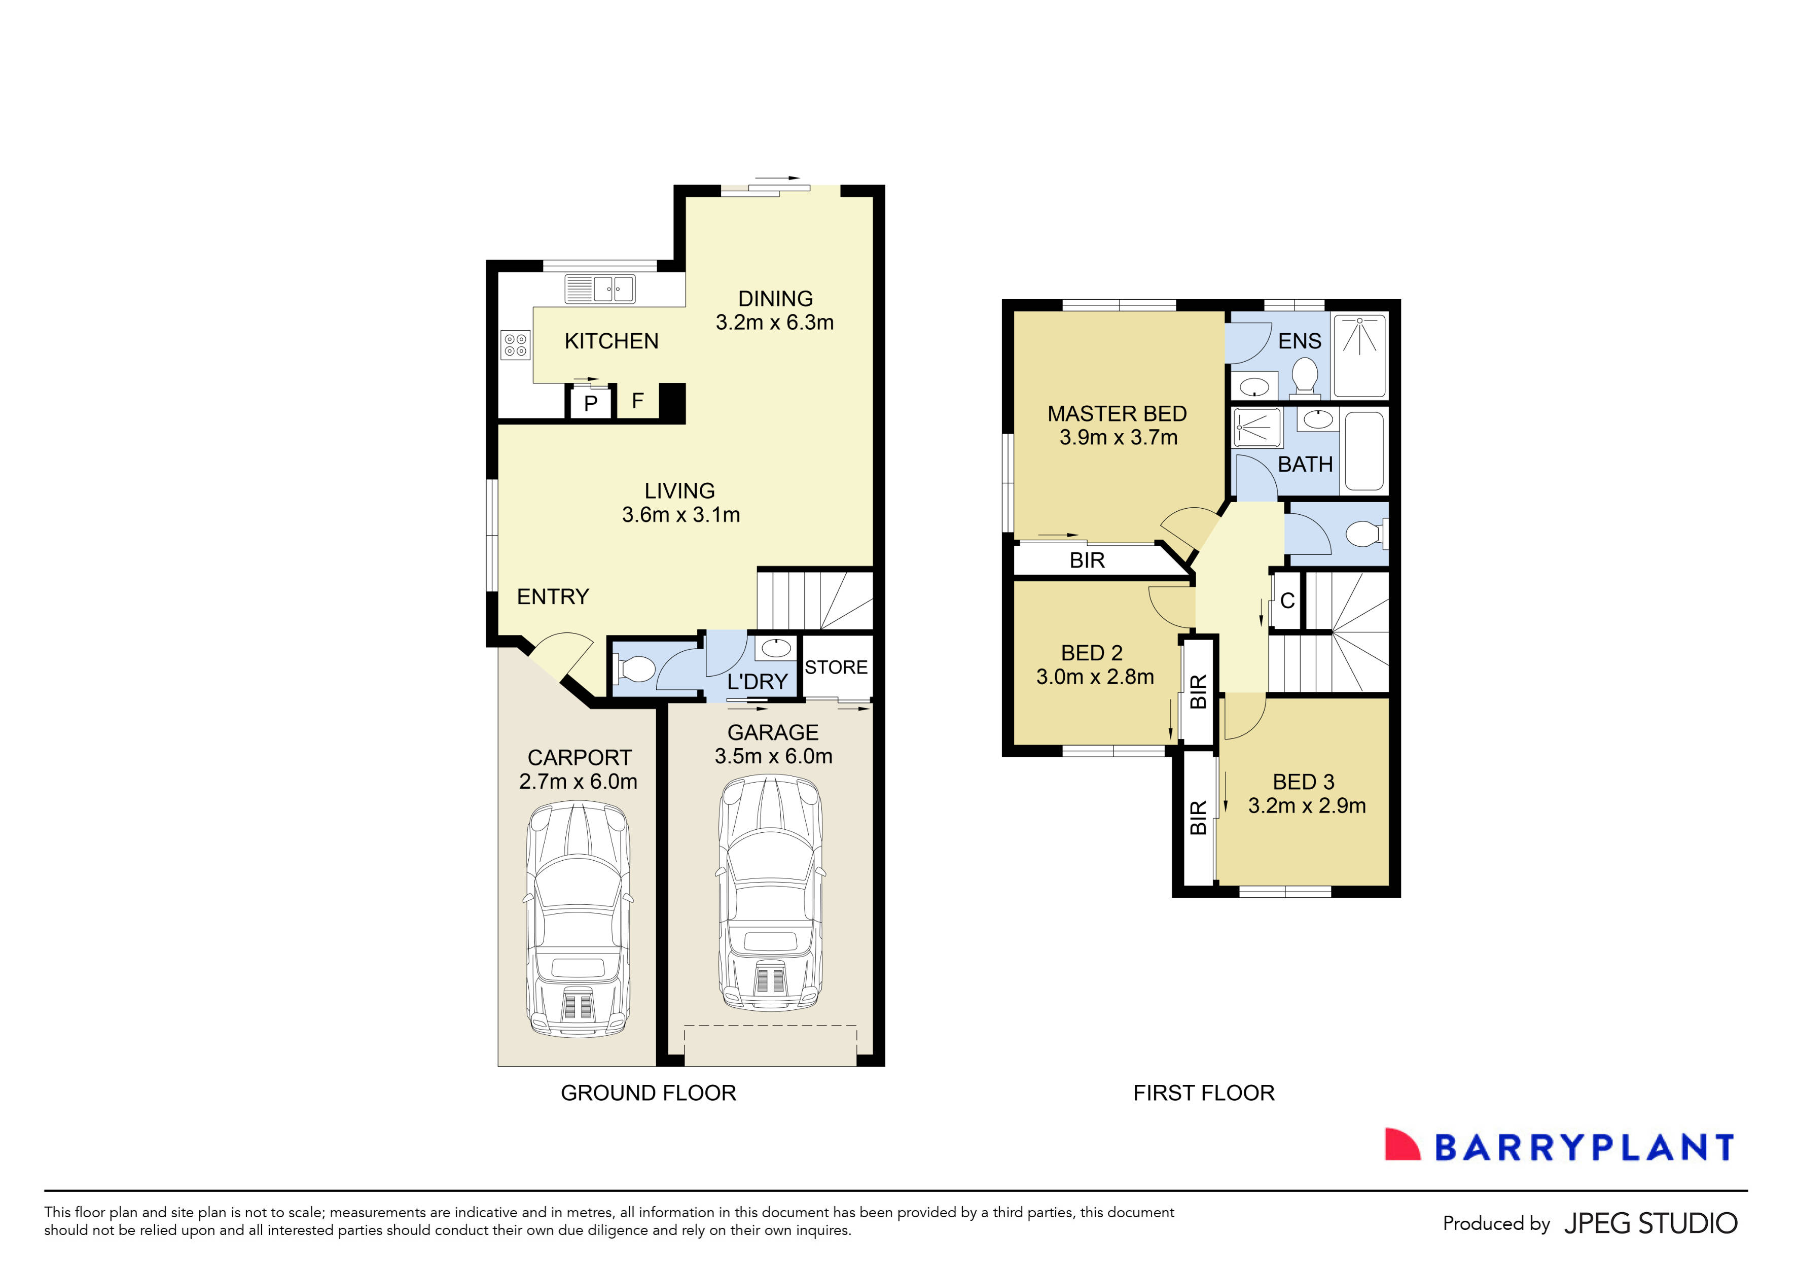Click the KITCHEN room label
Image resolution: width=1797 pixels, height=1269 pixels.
(612, 341)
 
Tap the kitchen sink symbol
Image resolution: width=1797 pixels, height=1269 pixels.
(600, 289)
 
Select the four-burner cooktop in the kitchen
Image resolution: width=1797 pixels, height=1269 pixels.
(515, 344)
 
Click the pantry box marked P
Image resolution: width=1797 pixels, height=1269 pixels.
(591, 403)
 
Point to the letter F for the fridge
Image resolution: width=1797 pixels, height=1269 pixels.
(638, 401)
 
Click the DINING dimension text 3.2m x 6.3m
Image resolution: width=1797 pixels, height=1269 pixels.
(774, 323)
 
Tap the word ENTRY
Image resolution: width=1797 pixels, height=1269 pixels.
(553, 596)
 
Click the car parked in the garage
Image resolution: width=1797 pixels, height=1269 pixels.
(770, 893)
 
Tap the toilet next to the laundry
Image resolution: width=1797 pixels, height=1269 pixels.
(635, 669)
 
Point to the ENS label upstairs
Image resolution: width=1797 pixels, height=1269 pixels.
(1299, 341)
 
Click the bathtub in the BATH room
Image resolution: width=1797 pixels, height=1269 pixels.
(1363, 451)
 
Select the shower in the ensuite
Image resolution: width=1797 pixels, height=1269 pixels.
(1359, 356)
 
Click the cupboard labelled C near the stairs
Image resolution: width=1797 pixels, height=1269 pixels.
(1287, 601)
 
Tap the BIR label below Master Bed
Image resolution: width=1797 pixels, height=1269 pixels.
(1087, 560)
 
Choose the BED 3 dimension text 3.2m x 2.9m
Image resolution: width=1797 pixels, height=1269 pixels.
(1306, 805)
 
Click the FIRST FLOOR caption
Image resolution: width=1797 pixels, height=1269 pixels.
(1204, 1093)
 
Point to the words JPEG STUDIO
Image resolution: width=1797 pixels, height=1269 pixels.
(1650, 1223)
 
